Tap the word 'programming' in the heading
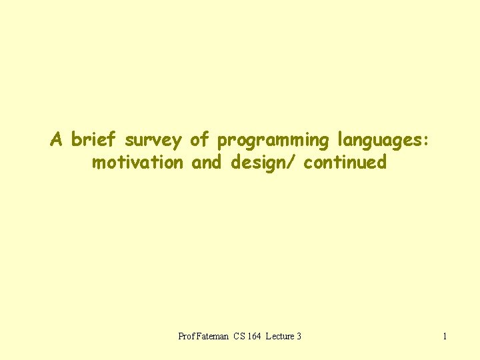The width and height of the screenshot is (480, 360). (x=274, y=141)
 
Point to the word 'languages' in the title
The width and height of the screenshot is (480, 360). (x=380, y=141)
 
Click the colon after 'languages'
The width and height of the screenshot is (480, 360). (x=425, y=141)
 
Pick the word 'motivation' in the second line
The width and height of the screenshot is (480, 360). (x=137, y=162)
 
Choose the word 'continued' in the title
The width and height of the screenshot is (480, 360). (x=345, y=162)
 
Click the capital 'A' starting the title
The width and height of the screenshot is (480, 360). (x=57, y=140)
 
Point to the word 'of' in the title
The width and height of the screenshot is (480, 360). (x=199, y=140)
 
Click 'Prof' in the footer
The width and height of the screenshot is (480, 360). (x=186, y=336)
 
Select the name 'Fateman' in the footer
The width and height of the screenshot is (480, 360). (x=213, y=336)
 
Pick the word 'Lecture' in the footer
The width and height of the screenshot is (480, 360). (x=280, y=336)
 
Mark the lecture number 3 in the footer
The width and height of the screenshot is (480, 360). (x=299, y=336)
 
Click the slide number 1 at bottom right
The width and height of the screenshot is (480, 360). (x=445, y=336)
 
